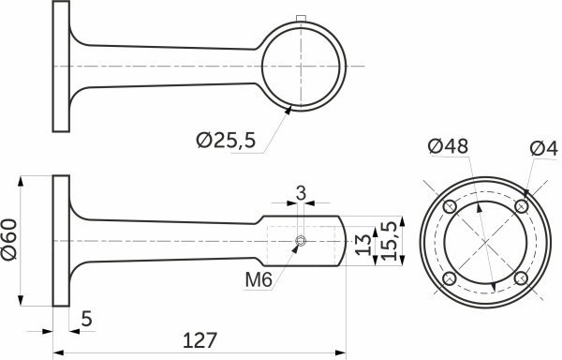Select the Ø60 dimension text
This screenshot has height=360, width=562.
click(8, 241)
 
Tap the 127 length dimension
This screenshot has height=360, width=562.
click(200, 339)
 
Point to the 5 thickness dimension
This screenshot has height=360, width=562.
click(85, 319)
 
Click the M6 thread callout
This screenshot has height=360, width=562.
click(259, 279)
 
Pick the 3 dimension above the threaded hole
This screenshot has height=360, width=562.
click(300, 192)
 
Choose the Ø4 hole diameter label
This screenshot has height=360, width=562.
click(543, 147)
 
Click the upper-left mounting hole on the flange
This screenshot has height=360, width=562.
click(451, 206)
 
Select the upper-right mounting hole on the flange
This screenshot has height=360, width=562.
click(522, 206)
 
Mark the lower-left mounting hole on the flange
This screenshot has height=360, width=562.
click(451, 278)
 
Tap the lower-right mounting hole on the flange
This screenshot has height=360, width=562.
click(522, 278)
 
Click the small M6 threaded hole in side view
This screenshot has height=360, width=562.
click(300, 242)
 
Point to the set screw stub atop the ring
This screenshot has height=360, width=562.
click(300, 18)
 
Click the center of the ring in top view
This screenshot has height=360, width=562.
click(300, 65)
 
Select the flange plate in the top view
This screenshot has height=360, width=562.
click(61, 65)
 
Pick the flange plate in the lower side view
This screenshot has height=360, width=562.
click(61, 241)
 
